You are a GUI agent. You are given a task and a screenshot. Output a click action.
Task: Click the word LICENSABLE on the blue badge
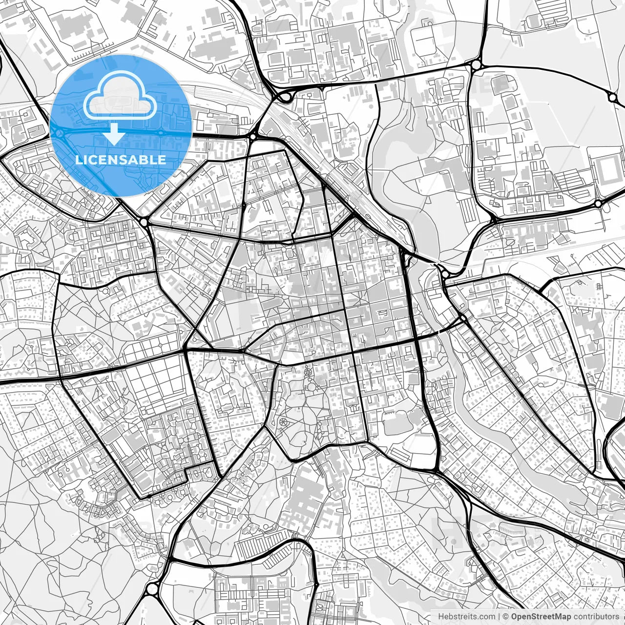[x=120, y=160]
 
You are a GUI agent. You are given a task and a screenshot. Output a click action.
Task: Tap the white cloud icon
[x=120, y=96]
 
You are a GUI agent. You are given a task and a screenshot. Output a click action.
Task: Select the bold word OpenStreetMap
[x=541, y=617]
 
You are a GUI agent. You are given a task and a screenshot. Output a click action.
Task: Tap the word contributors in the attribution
[x=596, y=617]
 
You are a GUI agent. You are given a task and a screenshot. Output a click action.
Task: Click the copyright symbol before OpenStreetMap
[x=506, y=617]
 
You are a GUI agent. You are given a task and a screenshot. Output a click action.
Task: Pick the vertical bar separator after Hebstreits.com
[x=499, y=617]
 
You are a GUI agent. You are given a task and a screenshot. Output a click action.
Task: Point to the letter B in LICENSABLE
[x=145, y=160]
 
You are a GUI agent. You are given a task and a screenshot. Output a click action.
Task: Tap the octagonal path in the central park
[x=308, y=373]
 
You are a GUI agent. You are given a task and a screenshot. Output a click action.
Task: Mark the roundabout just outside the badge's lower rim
[x=144, y=222]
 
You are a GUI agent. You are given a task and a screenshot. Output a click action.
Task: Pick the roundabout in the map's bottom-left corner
[x=152, y=589]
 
